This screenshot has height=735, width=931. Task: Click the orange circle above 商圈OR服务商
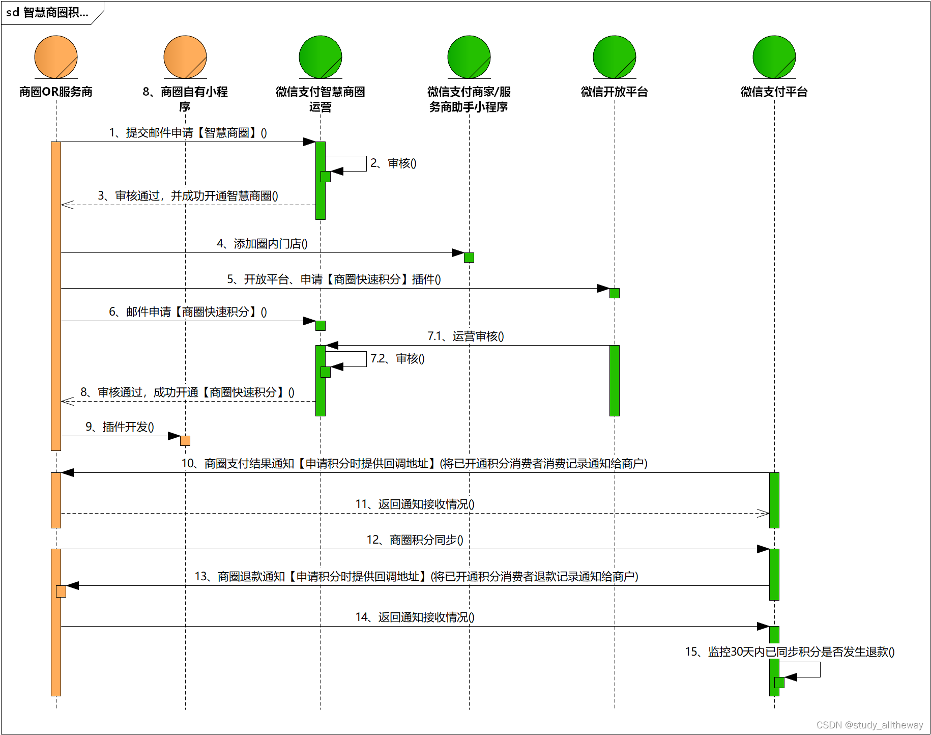point(56,57)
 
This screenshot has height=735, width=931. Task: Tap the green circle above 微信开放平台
point(615,57)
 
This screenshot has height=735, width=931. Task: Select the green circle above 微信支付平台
point(774,57)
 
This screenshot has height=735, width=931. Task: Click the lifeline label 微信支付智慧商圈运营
point(321,99)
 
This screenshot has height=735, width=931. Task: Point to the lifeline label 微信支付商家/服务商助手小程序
point(469,99)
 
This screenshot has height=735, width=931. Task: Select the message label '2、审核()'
point(393,163)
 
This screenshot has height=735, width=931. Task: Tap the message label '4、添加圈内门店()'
point(262,244)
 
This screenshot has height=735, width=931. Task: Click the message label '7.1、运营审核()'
point(465,336)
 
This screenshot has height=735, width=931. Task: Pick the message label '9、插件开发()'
point(120,427)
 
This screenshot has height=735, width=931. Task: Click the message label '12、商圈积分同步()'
point(415,540)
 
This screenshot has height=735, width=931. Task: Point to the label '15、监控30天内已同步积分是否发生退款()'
point(790,652)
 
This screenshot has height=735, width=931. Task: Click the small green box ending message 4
point(469,258)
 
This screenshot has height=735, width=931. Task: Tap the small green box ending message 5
point(615,293)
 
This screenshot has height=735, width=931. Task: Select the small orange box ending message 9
point(185,441)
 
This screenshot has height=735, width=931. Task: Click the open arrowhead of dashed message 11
point(763,513)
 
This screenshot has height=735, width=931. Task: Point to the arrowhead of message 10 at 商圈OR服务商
point(67,473)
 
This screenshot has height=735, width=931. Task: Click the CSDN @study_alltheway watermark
point(869,725)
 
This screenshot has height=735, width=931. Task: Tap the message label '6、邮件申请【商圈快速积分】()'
point(188,312)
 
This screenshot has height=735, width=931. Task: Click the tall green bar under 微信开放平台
point(615,381)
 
